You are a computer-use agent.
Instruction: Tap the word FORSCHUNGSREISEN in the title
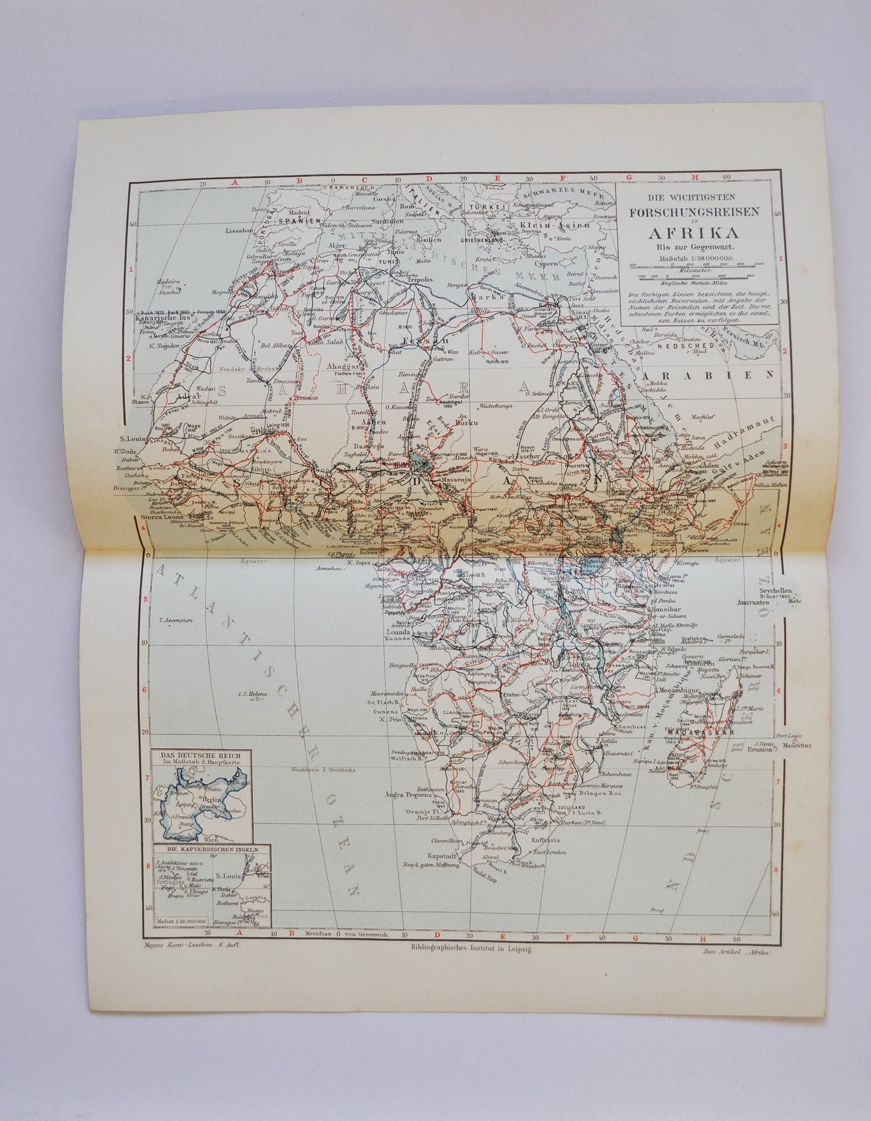coord(693,212)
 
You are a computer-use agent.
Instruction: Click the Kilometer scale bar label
coord(694,271)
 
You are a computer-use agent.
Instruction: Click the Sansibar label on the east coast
coord(668,610)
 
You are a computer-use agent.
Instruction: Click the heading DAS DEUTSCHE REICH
coord(202,755)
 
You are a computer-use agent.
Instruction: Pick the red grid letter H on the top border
coord(695,177)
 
